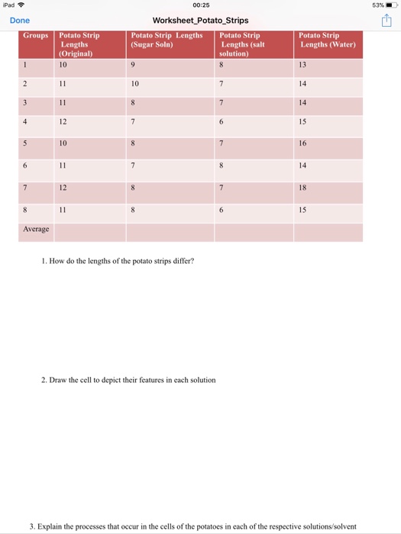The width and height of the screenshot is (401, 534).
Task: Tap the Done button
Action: (20, 21)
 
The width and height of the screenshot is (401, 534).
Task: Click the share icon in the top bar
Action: (386, 21)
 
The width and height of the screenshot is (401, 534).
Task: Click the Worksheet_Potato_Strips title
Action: (200, 21)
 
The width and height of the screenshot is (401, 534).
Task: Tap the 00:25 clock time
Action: (200, 5)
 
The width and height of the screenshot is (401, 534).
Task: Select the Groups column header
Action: (35, 36)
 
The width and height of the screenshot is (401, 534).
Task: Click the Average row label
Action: (36, 229)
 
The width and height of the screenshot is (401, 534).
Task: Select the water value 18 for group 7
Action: (303, 187)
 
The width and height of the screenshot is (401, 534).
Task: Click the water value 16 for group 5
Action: (303, 143)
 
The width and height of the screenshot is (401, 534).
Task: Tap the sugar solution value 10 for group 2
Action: (134, 84)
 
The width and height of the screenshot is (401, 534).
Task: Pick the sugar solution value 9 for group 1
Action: (133, 64)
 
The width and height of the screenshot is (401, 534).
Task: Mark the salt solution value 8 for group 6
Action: (222, 164)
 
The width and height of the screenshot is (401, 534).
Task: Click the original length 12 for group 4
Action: (63, 121)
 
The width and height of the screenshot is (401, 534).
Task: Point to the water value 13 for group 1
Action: (303, 64)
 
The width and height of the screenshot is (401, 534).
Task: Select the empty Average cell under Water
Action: (328, 231)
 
